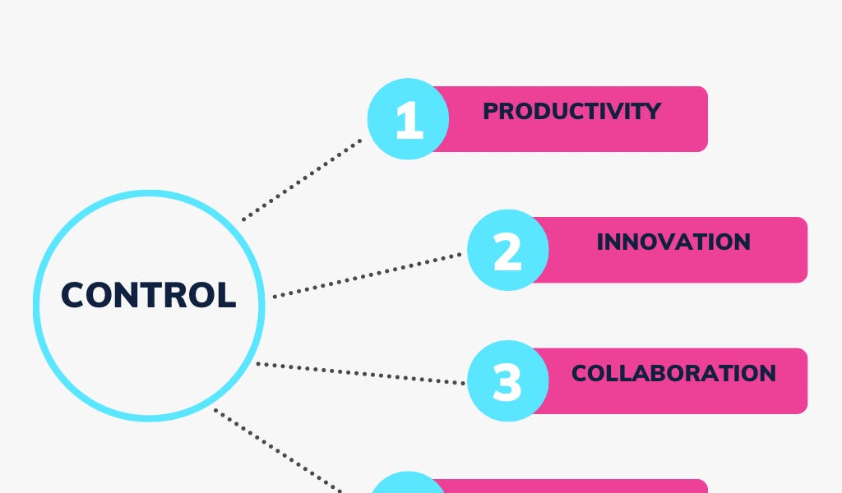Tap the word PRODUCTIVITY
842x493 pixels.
click(x=571, y=111)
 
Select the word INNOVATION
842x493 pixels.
click(x=673, y=242)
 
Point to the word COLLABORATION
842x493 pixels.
click(x=673, y=373)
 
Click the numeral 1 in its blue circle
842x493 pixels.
click(x=409, y=121)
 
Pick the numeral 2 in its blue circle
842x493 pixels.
click(x=507, y=251)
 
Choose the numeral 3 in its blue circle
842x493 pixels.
click(x=507, y=382)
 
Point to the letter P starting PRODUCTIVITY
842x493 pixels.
click(x=490, y=111)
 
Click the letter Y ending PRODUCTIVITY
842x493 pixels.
click(x=654, y=111)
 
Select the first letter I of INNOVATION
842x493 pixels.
click(x=600, y=242)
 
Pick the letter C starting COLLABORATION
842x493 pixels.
click(x=580, y=373)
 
